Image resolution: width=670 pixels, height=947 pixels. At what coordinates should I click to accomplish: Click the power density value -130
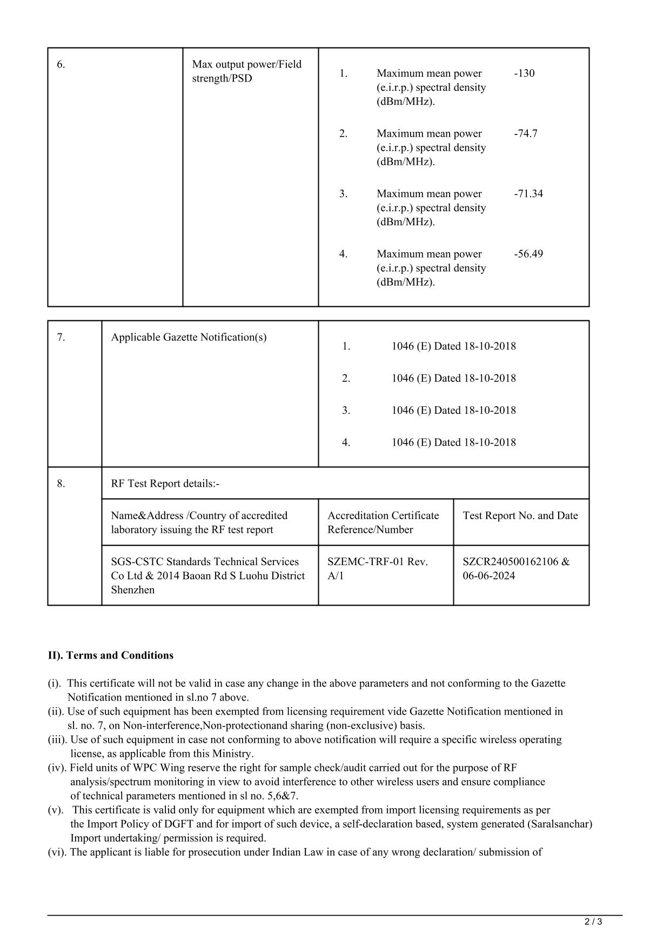pyautogui.click(x=524, y=73)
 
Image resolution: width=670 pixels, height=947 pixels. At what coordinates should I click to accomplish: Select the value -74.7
pyautogui.click(x=525, y=133)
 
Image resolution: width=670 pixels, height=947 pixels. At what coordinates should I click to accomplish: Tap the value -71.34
pyautogui.click(x=528, y=193)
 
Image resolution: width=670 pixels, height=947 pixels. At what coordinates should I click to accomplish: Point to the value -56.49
pyautogui.click(x=528, y=254)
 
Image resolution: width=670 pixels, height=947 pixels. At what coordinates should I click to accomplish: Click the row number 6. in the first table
pyautogui.click(x=61, y=64)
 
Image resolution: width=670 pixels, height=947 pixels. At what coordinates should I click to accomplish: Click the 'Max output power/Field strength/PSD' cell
pyautogui.click(x=246, y=71)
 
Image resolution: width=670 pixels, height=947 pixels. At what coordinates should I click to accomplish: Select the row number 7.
pyautogui.click(x=61, y=337)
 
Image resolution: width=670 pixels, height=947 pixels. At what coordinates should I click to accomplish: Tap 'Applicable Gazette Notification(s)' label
pyautogui.click(x=189, y=337)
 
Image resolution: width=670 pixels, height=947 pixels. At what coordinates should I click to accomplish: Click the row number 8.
pyautogui.click(x=61, y=483)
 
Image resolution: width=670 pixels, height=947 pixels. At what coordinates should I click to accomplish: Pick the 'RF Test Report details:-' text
pyautogui.click(x=165, y=483)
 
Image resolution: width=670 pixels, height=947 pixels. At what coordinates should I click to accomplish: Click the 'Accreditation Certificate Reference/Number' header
pyautogui.click(x=383, y=522)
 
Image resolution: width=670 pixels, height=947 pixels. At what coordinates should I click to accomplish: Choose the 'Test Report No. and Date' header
pyautogui.click(x=520, y=515)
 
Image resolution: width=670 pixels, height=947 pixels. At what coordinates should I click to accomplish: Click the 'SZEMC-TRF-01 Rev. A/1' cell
pyautogui.click(x=377, y=568)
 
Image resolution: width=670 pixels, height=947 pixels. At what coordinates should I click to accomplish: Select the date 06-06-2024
pyautogui.click(x=488, y=575)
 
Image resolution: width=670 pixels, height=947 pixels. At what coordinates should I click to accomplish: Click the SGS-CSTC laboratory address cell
pyautogui.click(x=207, y=575)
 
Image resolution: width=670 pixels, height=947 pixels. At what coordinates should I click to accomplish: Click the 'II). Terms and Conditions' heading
pyautogui.click(x=111, y=655)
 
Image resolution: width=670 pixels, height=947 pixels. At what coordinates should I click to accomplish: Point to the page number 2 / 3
pyautogui.click(x=593, y=922)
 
